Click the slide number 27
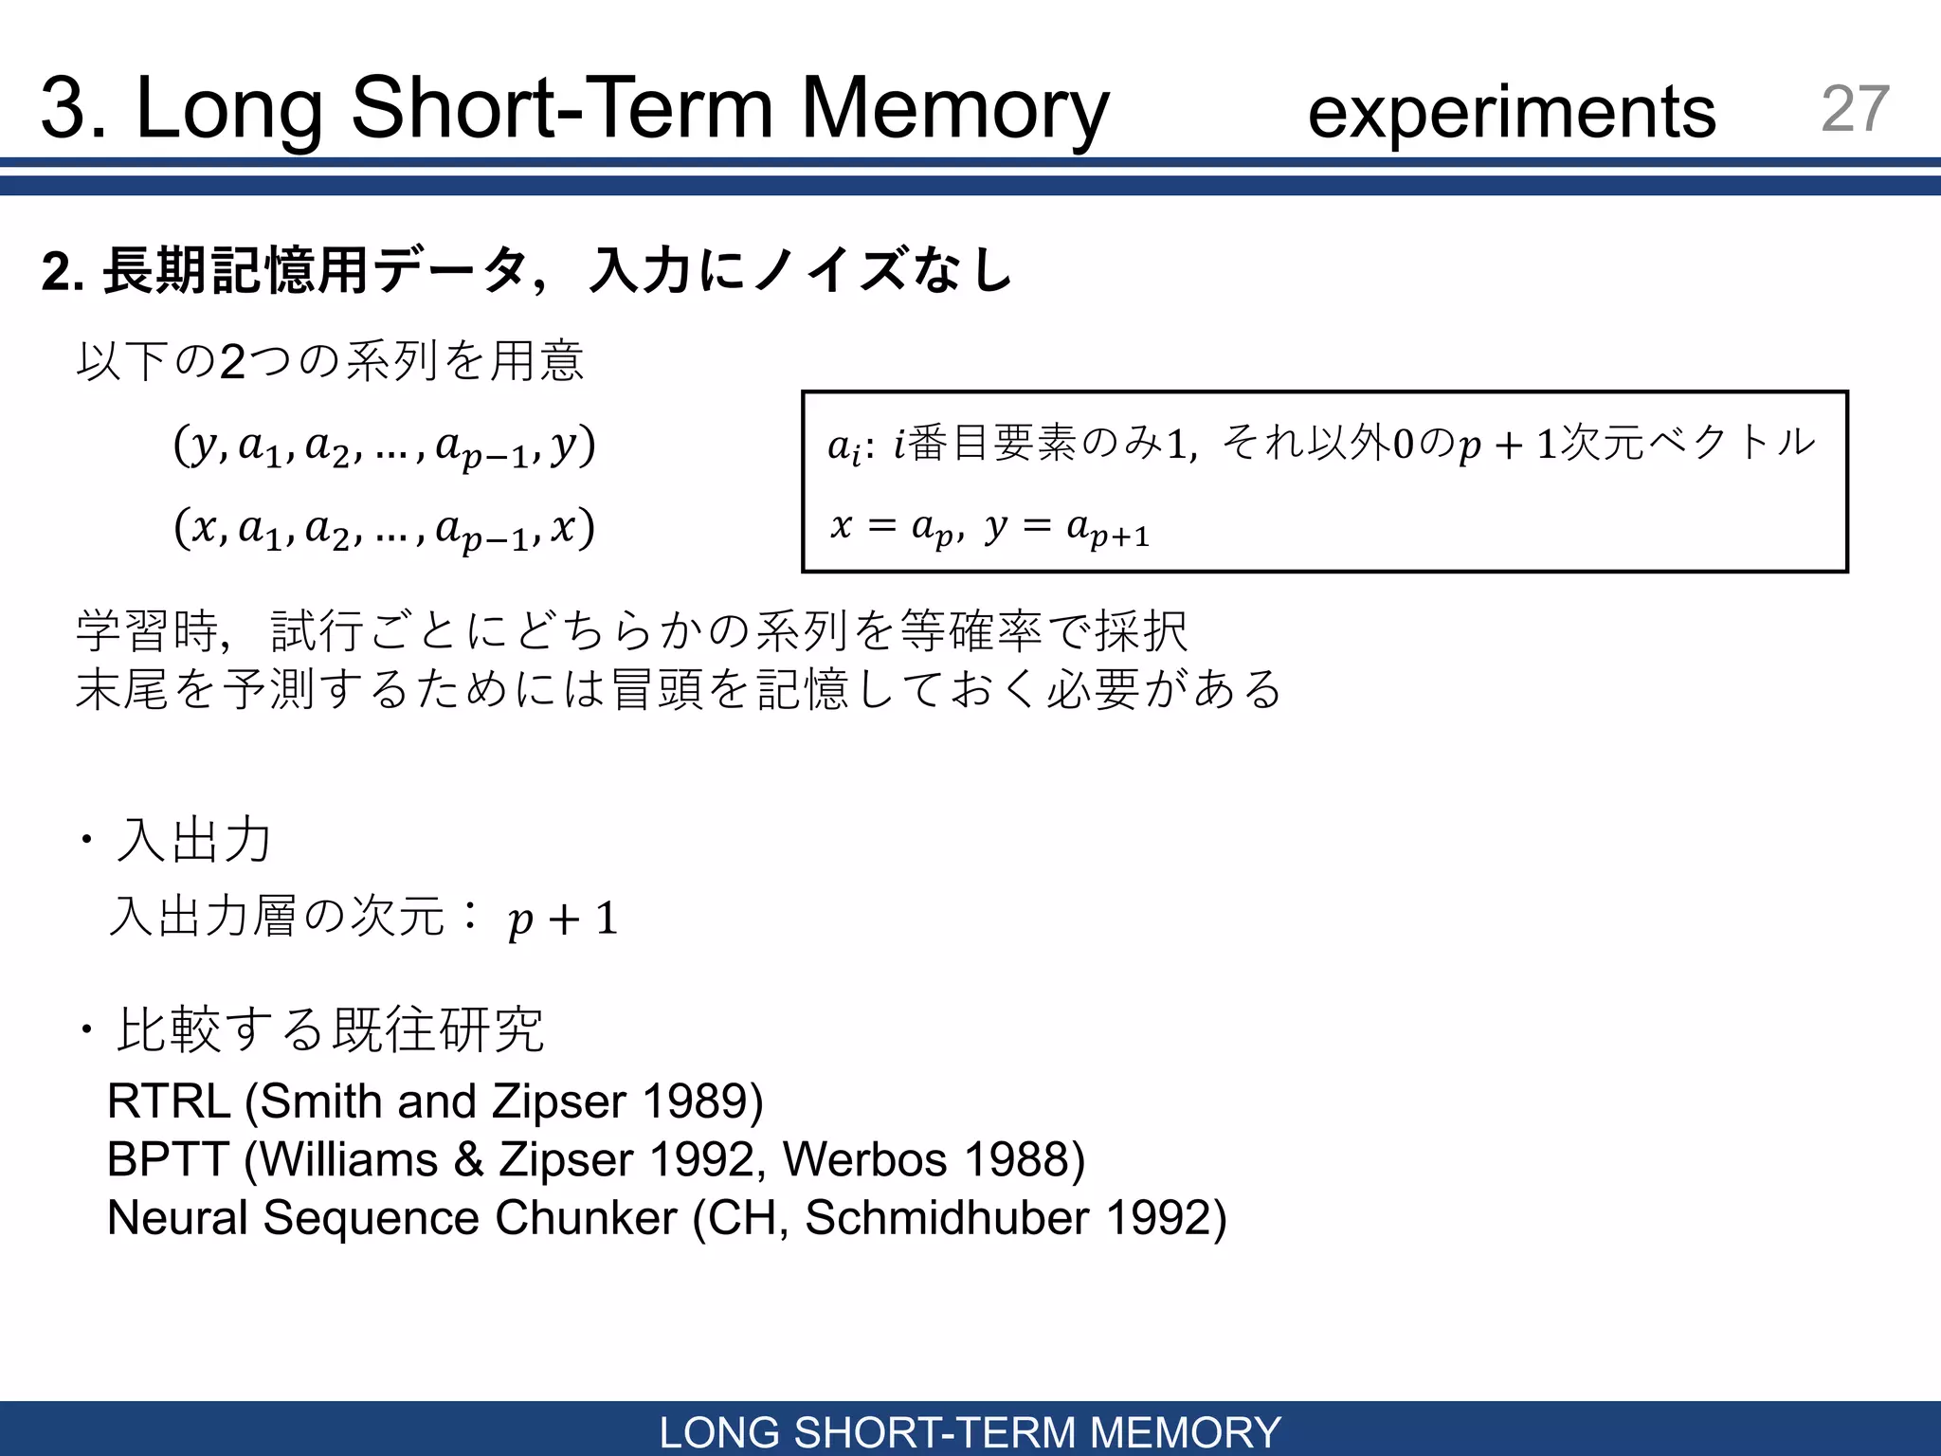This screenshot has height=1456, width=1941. click(x=1855, y=108)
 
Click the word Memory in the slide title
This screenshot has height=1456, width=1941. click(x=954, y=109)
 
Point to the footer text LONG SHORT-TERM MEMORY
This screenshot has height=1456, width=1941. click(x=970, y=1431)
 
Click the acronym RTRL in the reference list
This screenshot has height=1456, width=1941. click(x=169, y=1101)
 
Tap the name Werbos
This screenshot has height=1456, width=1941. click(x=864, y=1159)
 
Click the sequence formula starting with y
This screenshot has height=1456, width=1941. click(x=384, y=446)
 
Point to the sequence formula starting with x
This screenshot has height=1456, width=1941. click(x=384, y=529)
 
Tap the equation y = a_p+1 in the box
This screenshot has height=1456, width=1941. click(x=1067, y=527)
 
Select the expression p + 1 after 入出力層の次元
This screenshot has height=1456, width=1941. click(x=563, y=919)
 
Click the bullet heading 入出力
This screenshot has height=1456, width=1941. click(x=193, y=840)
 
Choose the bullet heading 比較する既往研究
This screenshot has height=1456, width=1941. click(x=329, y=1029)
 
